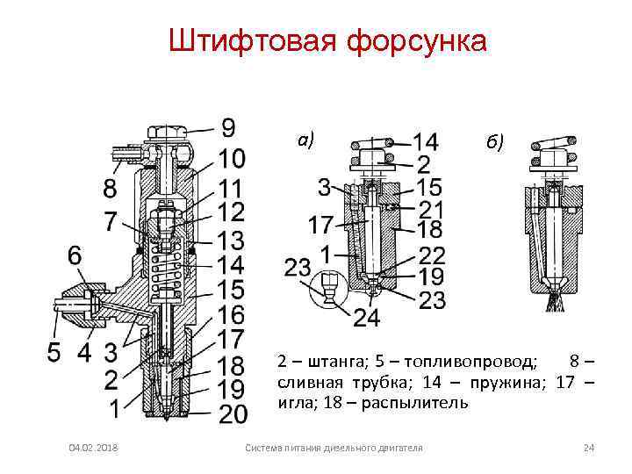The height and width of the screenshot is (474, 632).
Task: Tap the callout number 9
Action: coord(227,128)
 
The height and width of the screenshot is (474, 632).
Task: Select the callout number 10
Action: coord(232,159)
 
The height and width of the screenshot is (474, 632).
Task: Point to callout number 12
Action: coord(232,212)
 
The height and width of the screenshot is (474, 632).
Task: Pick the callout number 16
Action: coord(232,313)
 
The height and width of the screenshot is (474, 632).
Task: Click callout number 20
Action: coord(232,413)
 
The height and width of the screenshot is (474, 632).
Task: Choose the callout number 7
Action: coord(109,220)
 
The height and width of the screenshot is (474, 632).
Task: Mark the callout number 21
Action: coord(430,210)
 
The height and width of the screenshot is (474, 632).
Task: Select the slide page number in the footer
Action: coord(589,449)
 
